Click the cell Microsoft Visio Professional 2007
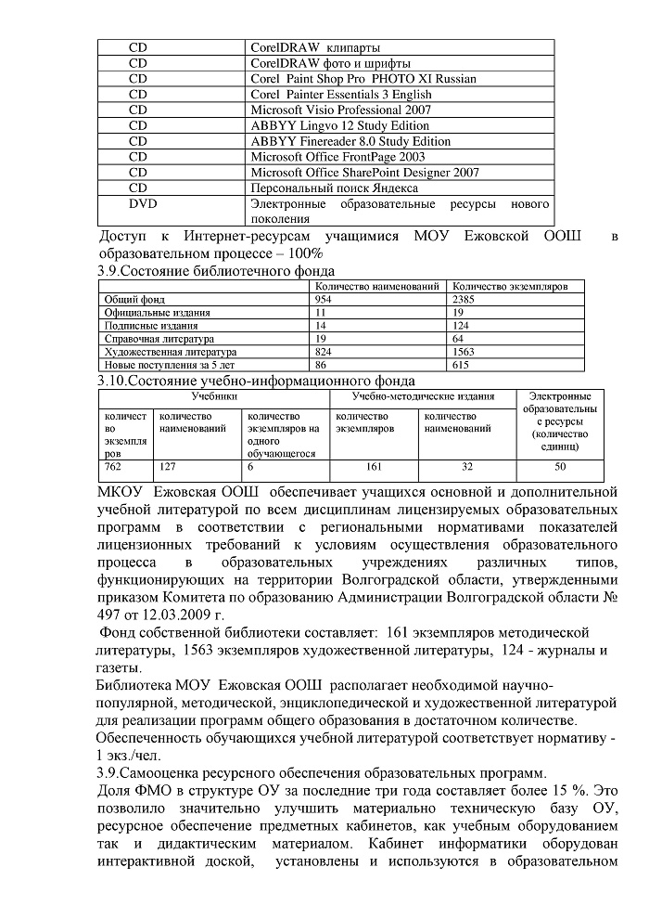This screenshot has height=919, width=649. point(340,110)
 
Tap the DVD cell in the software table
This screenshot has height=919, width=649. point(141,203)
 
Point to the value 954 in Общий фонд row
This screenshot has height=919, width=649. point(324,300)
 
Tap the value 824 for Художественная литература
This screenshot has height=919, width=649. point(324,352)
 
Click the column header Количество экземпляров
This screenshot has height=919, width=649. point(516,287)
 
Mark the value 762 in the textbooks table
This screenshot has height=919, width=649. point(113,467)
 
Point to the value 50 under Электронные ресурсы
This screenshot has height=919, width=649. point(560,467)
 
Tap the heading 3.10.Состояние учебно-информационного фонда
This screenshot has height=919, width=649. point(256,381)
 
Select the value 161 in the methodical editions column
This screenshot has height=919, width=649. point(375,467)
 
